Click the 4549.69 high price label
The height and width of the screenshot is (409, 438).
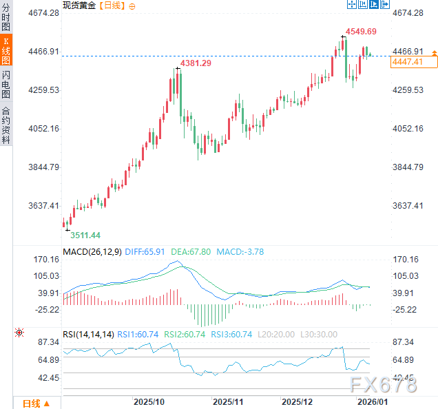coord(361,32)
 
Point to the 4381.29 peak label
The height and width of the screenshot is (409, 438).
coord(196,63)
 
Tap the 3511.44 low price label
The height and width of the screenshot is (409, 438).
coord(85,235)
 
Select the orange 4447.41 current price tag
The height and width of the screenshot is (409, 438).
coord(406,62)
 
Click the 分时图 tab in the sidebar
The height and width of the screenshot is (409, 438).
coord(6,17)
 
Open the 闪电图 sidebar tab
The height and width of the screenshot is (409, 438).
coord(6,85)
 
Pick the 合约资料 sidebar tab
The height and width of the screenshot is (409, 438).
coord(6,124)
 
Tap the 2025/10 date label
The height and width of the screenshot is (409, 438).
coord(148,401)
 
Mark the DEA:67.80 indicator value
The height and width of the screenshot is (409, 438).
coord(191,252)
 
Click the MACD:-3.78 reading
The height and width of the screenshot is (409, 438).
coord(240,252)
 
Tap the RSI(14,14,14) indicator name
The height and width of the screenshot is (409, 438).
coord(88,335)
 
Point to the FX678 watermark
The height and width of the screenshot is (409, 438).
coord(382,385)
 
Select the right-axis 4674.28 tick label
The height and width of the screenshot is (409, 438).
coord(407,13)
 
